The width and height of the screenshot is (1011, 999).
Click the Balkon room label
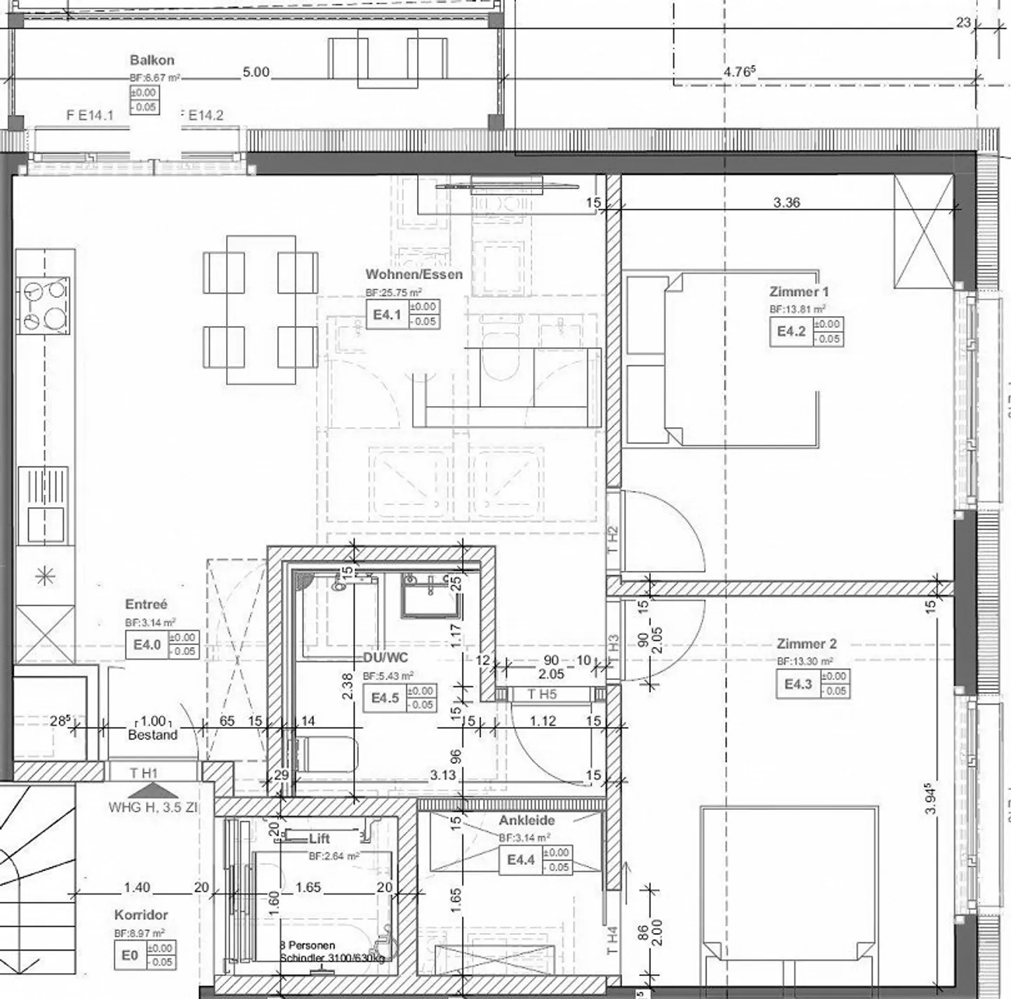tap(152, 60)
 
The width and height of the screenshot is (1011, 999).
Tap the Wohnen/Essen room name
tap(414, 275)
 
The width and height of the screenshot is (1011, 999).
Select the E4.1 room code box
tap(386, 315)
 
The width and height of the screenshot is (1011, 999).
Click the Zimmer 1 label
tap(798, 292)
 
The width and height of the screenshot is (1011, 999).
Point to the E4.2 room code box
tap(791, 332)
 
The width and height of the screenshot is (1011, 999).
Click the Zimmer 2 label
tap(806, 644)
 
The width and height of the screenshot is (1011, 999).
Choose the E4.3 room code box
tap(798, 684)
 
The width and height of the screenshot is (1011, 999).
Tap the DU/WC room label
tap(385, 658)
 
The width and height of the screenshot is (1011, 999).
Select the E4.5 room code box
tap(385, 698)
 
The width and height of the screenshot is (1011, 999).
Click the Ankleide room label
tap(527, 821)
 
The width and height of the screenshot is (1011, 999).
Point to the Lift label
tap(319, 839)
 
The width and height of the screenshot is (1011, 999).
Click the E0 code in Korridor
tap(130, 955)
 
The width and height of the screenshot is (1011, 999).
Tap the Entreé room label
tap(146, 604)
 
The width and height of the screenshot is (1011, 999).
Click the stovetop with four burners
tap(46, 304)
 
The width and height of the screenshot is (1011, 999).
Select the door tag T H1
tap(144, 773)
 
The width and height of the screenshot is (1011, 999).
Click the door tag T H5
tap(542, 695)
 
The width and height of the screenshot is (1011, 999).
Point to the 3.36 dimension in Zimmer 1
tap(786, 202)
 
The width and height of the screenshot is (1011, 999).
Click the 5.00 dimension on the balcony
tap(256, 72)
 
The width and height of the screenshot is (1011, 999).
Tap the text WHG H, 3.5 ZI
tap(153, 807)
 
